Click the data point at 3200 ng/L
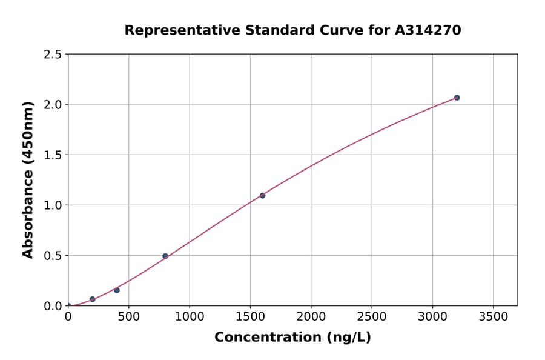pos(457,98)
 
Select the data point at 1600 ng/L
pos(262,195)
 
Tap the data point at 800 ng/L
pos(165,256)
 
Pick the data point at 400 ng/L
pos(117,290)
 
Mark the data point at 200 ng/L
pos(93,299)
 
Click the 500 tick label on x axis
pos(128,317)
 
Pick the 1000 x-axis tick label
pos(190,317)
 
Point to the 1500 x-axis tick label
pos(250,317)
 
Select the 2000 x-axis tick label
pos(311,317)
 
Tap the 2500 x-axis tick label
pos(372,317)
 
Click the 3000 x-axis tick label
pos(432,317)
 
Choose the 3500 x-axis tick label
pos(494,317)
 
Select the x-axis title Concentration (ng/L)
pos(292,338)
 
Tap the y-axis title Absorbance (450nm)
pos(28,180)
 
